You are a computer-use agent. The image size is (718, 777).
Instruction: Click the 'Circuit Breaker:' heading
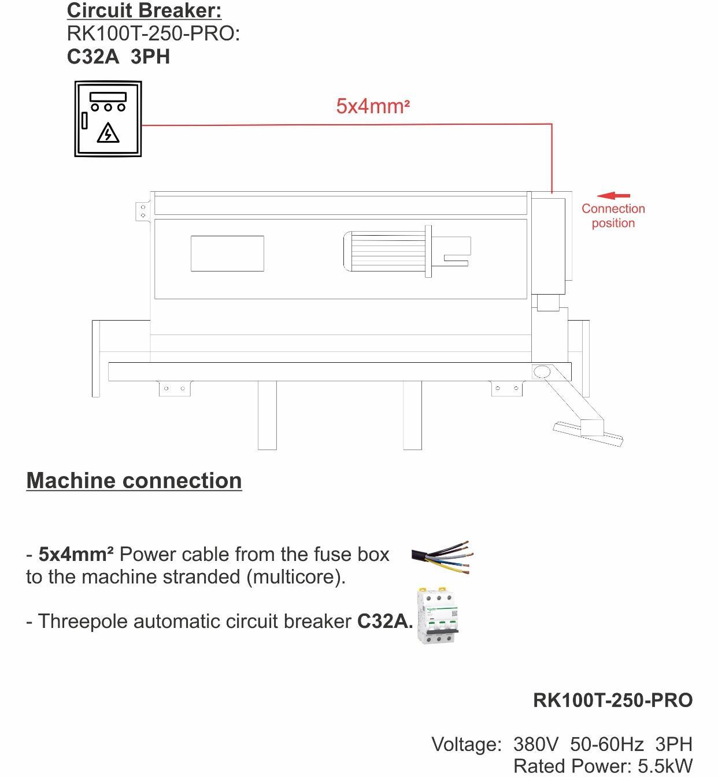tap(144, 10)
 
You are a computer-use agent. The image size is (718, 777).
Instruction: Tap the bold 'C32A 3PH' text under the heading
tap(119, 57)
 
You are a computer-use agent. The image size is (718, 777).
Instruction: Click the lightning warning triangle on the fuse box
tap(108, 133)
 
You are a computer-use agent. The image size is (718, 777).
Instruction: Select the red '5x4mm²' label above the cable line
tap(373, 106)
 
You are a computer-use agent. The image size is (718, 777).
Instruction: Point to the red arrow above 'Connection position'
tap(613, 196)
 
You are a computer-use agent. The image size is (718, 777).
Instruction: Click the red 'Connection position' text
tap(613, 215)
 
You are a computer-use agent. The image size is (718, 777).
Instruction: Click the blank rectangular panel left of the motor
tap(227, 254)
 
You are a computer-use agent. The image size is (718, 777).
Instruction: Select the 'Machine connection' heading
tap(134, 481)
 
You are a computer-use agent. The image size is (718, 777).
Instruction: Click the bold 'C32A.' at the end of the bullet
tap(385, 621)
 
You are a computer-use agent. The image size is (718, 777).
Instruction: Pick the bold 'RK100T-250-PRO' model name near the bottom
tap(613, 700)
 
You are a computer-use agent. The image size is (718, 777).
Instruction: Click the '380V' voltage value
tap(536, 744)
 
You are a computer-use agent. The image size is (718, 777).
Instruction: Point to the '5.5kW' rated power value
tap(665, 766)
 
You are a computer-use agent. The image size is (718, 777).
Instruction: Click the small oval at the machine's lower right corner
tap(542, 371)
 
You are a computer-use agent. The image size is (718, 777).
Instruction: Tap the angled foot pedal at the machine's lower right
tap(587, 433)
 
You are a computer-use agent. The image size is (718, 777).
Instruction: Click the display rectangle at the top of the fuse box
tap(108, 96)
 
